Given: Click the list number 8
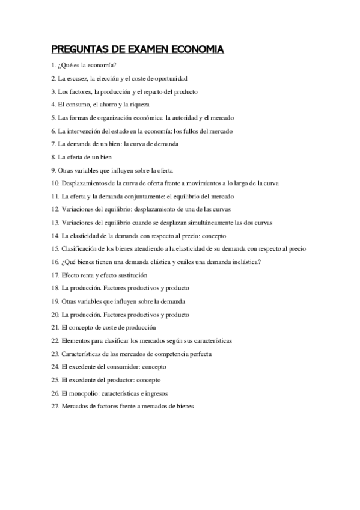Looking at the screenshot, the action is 53,157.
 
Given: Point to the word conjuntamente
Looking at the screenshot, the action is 144,196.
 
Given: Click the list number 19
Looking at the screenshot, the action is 55,301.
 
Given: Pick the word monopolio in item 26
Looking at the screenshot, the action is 83,393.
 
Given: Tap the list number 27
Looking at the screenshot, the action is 55,406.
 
